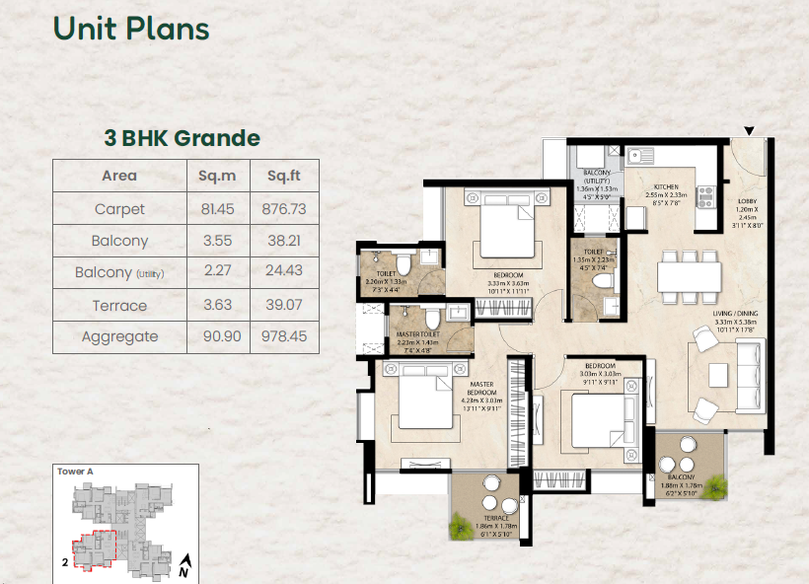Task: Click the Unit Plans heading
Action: (131, 29)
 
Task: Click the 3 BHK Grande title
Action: (183, 138)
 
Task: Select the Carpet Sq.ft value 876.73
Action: (283, 209)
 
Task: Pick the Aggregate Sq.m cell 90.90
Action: (217, 336)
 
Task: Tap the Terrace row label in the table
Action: (119, 305)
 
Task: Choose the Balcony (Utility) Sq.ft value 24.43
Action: (283, 272)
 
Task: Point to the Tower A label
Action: (76, 472)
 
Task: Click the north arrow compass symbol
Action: (184, 566)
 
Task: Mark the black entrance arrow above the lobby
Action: (749, 130)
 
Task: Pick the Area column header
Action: (119, 177)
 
